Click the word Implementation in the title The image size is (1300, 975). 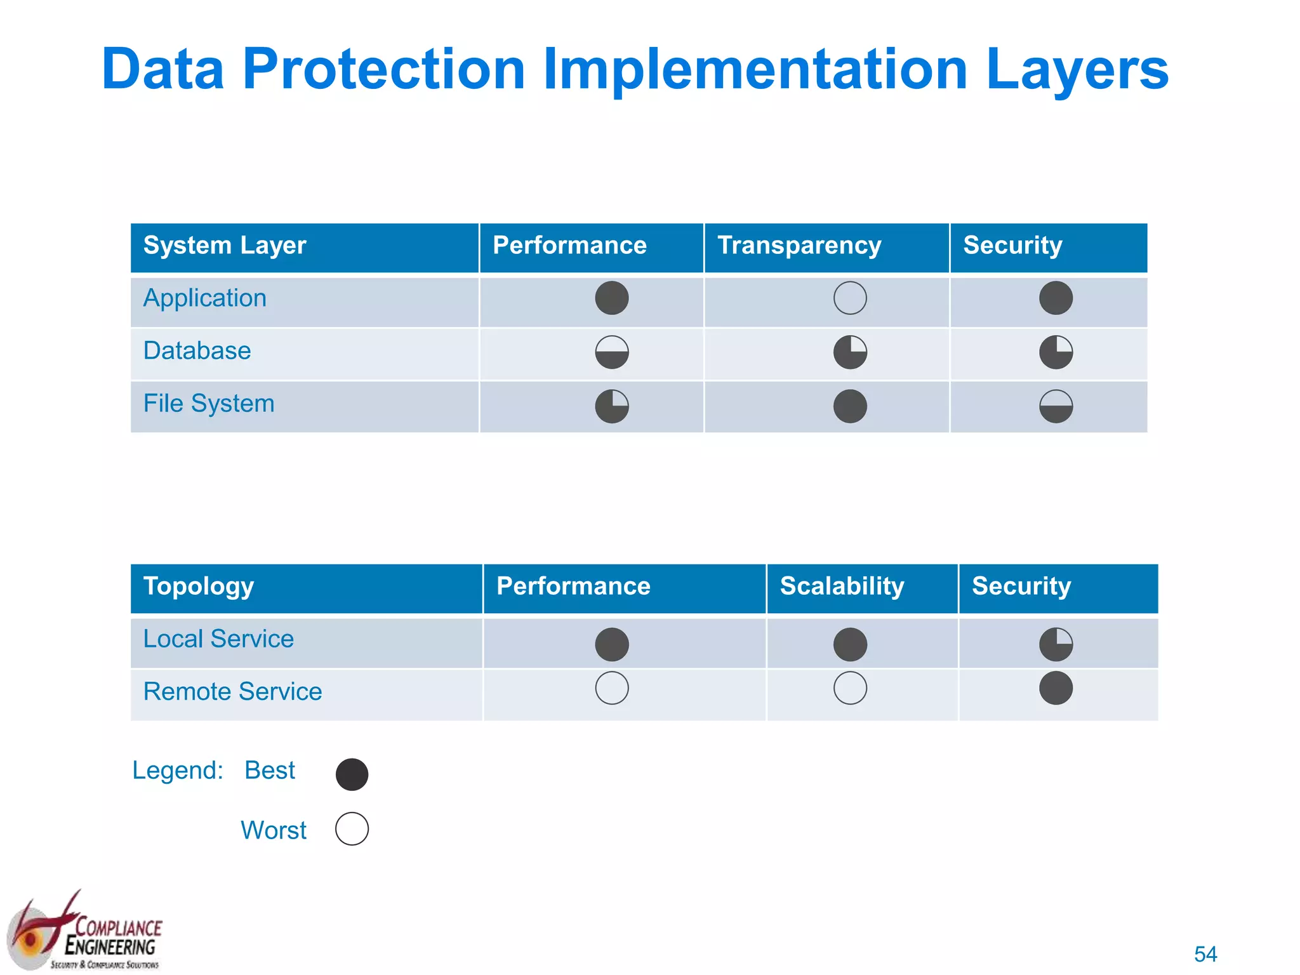point(755,70)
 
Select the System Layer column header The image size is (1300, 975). point(225,246)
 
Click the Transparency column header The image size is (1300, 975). point(799,246)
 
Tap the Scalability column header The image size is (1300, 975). point(842,587)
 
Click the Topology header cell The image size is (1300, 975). point(199,587)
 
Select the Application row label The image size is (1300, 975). point(204,298)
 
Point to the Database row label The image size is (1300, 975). point(197,351)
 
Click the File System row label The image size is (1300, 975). point(209,404)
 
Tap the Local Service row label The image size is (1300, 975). point(218,639)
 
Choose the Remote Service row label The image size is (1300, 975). point(232,692)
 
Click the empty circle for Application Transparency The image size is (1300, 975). point(850,298)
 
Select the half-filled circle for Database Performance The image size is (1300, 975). point(612,352)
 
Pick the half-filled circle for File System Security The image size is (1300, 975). point(1056,406)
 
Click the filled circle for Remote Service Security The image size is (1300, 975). point(1056,688)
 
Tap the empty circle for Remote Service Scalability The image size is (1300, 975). point(850,688)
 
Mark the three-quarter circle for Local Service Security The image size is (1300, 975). point(1056,645)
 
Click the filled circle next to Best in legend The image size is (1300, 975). point(352,774)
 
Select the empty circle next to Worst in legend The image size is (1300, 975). point(352,829)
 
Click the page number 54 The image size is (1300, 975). point(1205,954)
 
